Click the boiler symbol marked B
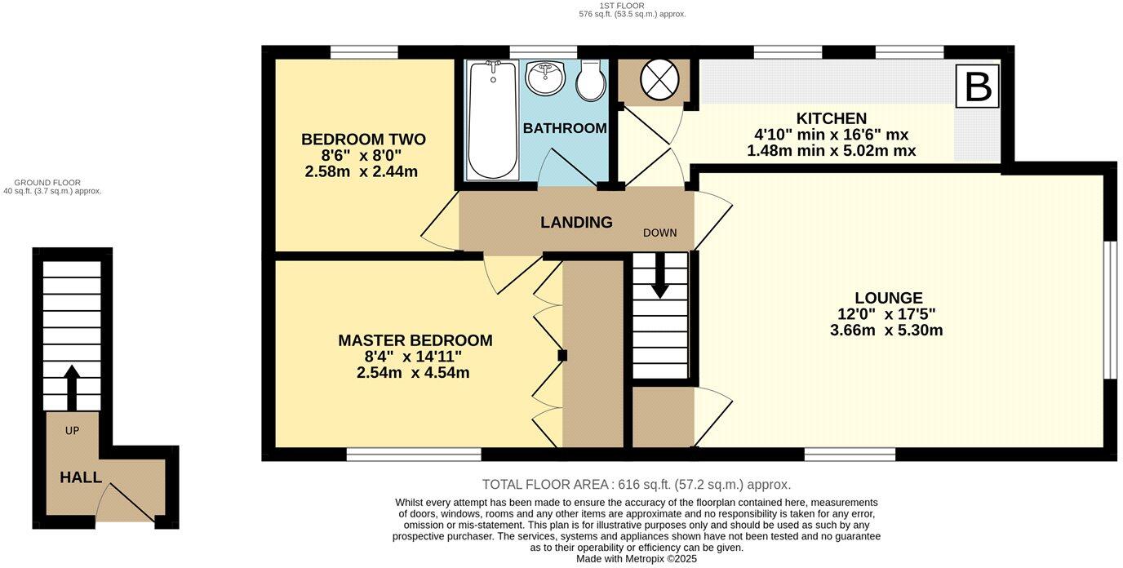[x=977, y=87]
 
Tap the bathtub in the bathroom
[x=492, y=120]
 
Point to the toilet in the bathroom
[x=591, y=81]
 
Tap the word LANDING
[x=576, y=222]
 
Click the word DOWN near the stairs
[x=659, y=233]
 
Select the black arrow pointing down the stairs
[x=659, y=276]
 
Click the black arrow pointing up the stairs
[x=72, y=388]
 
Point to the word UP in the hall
[x=72, y=431]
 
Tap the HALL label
[x=81, y=477]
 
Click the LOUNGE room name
[x=889, y=298]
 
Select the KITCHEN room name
[x=831, y=118]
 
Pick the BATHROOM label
[x=565, y=128]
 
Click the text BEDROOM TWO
[x=363, y=140]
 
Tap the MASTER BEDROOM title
[x=415, y=340]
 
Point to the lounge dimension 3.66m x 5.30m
[x=886, y=331]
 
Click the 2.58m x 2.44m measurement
[x=361, y=172]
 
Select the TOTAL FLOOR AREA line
[x=637, y=485]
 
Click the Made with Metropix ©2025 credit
[x=637, y=558]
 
